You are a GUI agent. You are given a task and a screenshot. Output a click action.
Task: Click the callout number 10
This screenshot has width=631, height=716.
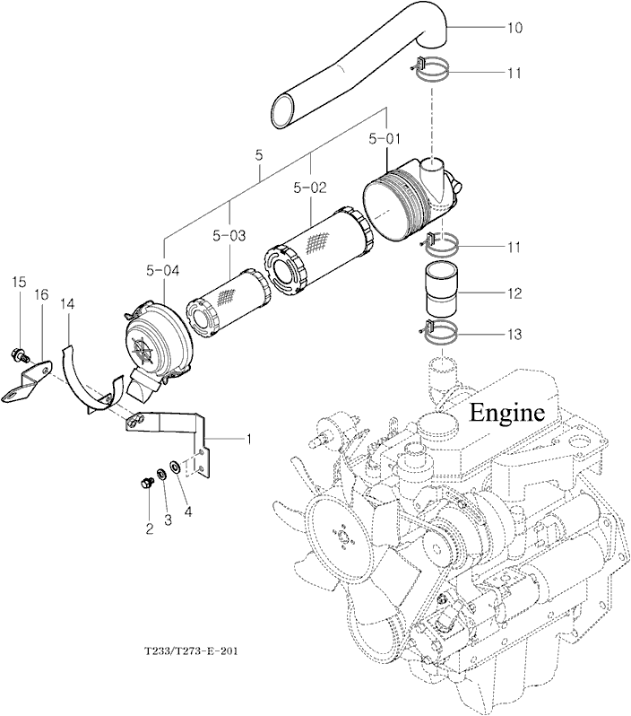(514, 28)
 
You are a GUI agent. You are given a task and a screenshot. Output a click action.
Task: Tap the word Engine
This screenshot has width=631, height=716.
(508, 413)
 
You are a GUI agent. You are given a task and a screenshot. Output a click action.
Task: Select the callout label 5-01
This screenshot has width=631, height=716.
(385, 139)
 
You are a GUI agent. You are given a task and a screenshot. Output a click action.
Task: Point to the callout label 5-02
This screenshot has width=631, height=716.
(310, 188)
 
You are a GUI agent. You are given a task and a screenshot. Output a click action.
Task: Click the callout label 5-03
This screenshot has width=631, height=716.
(229, 236)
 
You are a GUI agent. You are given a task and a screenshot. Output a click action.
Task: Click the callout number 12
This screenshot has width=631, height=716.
(514, 293)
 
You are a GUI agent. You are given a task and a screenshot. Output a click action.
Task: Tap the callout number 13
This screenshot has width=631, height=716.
(514, 335)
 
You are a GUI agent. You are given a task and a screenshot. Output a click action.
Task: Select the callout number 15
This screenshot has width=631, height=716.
(18, 283)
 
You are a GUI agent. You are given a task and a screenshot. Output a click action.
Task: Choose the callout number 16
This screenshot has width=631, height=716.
(40, 294)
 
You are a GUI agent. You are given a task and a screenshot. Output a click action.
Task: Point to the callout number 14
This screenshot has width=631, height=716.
(67, 305)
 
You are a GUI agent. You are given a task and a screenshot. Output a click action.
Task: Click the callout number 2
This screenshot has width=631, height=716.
(150, 528)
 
